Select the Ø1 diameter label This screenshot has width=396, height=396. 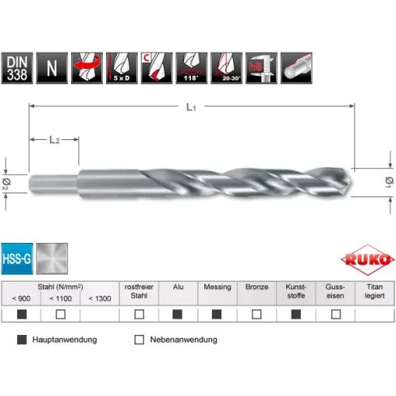387,181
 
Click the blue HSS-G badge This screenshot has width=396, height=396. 17,258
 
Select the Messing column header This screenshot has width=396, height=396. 217,287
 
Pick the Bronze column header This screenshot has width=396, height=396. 257,287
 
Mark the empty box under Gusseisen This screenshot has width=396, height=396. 336,315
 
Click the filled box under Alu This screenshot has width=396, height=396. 178,315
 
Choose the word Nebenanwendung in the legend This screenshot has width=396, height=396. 183,340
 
